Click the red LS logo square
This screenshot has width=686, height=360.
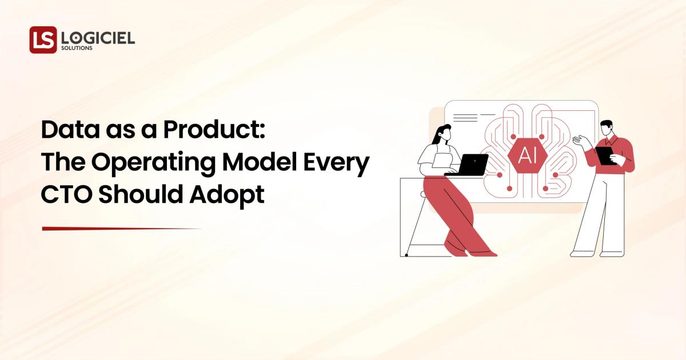pyautogui.click(x=43, y=40)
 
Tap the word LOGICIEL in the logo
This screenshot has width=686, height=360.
pyautogui.click(x=98, y=38)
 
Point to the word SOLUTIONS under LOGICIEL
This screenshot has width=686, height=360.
pyautogui.click(x=77, y=49)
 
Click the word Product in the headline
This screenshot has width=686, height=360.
pyautogui.click(x=213, y=131)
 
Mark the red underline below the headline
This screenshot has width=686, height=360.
pyautogui.click(x=122, y=229)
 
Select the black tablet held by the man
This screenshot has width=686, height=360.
pyautogui.click(x=605, y=155)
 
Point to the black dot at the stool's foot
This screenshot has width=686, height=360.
pyautogui.click(x=406, y=255)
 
